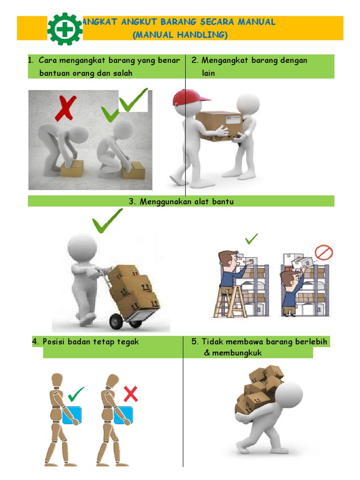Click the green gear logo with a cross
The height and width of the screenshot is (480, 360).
(x=65, y=29)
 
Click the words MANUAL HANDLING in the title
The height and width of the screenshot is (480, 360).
(x=180, y=35)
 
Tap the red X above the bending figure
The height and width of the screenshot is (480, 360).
(x=65, y=108)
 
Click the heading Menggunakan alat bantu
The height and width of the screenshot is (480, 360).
(x=181, y=202)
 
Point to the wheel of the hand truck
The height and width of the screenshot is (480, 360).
(x=116, y=322)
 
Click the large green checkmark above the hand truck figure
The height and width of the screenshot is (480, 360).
(x=107, y=221)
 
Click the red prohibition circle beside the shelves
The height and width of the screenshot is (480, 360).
(x=323, y=253)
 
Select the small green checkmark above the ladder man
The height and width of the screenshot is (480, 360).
(x=251, y=239)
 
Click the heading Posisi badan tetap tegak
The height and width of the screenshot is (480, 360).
(x=85, y=342)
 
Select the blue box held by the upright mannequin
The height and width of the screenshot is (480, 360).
(x=72, y=415)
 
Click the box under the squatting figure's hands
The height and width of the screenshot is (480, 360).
(x=133, y=170)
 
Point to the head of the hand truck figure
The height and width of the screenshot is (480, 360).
(x=82, y=247)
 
